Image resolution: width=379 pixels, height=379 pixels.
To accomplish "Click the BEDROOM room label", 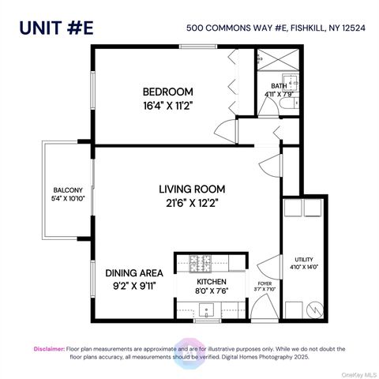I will coord(167,91).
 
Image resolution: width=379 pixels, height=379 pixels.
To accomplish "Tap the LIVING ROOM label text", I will coord(192,189).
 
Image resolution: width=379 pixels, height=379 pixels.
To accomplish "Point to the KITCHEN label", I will coord(212,281).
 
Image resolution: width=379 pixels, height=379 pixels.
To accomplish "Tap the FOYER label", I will coord(265,282).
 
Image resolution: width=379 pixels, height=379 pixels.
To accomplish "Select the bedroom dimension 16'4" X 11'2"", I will coord(167,105).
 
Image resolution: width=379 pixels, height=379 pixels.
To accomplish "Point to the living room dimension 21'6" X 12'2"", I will coord(192,204).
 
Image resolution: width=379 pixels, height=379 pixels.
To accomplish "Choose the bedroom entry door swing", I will coord(229,129).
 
